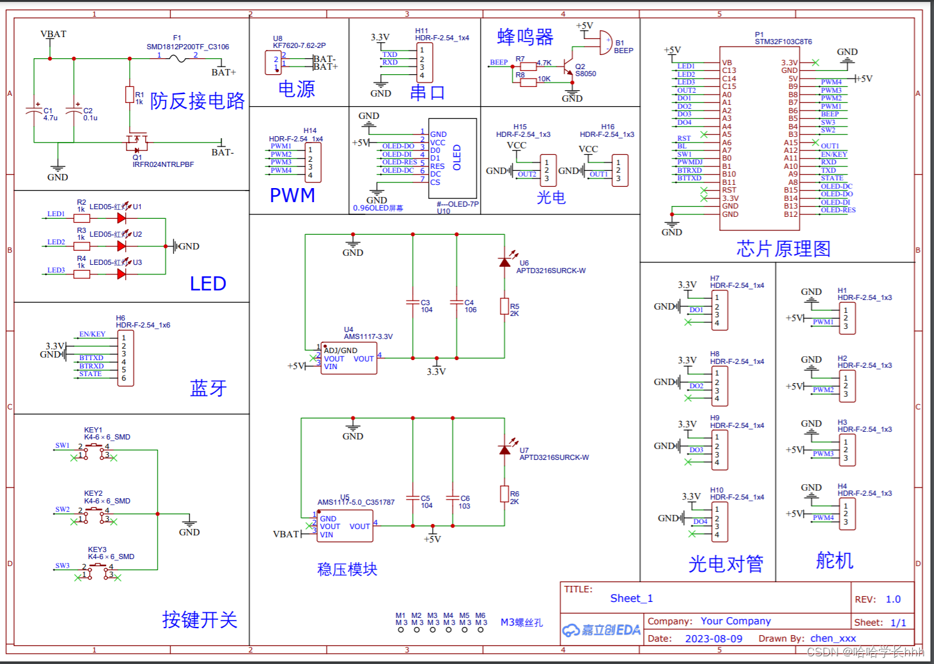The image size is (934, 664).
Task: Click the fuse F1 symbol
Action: tap(177, 59)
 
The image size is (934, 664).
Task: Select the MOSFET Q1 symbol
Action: tap(136, 141)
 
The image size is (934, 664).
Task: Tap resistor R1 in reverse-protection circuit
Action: tap(130, 95)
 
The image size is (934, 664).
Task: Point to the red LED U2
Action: tap(121, 246)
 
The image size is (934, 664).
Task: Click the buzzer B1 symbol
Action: tap(605, 42)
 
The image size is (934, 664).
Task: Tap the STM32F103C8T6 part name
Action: tap(783, 42)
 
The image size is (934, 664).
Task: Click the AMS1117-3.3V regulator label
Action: tap(368, 336)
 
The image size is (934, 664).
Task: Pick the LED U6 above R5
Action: tap(505, 262)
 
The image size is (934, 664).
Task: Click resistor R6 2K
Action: tap(504, 494)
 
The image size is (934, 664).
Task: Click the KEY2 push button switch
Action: tap(95, 510)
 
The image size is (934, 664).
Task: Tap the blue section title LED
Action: tap(208, 283)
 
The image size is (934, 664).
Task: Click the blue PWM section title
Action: tap(292, 195)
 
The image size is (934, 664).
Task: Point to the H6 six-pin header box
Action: tap(124, 358)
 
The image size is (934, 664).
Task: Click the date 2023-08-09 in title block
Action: tap(713, 638)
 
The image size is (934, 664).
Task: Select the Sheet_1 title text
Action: tap(631, 598)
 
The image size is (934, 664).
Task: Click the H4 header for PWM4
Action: tap(847, 514)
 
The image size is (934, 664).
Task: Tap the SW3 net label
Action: tap(62, 565)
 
